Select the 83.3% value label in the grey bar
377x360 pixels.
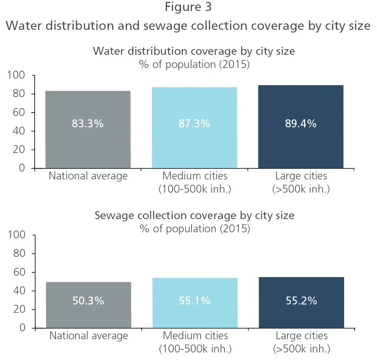88,124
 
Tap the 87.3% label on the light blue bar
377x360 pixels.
194,124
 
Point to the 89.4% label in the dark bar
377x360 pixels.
301,124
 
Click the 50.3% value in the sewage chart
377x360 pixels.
88,301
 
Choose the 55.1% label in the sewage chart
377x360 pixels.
195,301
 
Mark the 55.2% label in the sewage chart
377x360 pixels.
301,301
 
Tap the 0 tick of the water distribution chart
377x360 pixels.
22,168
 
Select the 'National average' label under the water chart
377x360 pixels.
88,176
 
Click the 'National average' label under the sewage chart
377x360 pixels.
88,336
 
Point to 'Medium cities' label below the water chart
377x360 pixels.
195,176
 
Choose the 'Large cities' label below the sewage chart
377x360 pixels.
301,336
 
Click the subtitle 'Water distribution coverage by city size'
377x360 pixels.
194,51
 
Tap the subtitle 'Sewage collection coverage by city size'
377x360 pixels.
194,215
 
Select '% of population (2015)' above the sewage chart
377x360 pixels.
195,229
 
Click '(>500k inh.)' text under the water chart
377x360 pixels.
301,189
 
